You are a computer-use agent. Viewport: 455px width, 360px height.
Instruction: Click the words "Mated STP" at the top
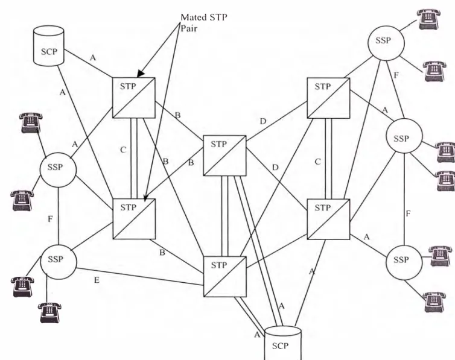pyautogui.click(x=204, y=17)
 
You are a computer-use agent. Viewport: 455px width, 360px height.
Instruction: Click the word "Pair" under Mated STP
pyautogui.click(x=189, y=28)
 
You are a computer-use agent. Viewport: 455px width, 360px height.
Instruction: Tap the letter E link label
pyautogui.click(x=97, y=280)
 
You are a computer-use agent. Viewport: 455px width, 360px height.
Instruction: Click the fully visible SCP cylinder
pyautogui.click(x=49, y=45)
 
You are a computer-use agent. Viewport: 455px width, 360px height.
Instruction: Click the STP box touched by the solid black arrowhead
pyautogui.click(x=134, y=98)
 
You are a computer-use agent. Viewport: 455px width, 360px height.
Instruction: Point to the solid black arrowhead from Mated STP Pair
pyautogui.click(x=141, y=74)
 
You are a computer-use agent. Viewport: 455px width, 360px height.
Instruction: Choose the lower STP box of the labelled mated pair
pyautogui.click(x=134, y=219)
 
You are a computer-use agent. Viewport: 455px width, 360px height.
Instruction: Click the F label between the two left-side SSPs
pyautogui.click(x=50, y=219)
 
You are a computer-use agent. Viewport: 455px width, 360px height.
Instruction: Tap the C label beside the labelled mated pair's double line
pyautogui.click(x=123, y=150)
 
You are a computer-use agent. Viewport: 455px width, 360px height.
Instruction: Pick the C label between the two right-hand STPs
pyautogui.click(x=318, y=162)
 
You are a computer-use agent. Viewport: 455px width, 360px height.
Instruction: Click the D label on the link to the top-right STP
pyautogui.click(x=263, y=121)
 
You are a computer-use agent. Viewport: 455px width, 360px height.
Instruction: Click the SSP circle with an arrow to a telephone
pyautogui.click(x=386, y=42)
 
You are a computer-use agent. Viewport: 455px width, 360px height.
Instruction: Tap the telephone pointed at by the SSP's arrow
pyautogui.click(x=429, y=19)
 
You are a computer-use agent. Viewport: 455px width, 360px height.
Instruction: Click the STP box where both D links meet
pyautogui.click(x=224, y=156)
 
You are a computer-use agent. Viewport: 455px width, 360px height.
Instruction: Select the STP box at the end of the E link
pyautogui.click(x=225, y=277)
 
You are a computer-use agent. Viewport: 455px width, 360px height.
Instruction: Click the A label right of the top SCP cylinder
pyautogui.click(x=92, y=58)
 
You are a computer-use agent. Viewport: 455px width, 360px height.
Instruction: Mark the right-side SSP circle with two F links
pyautogui.click(x=404, y=136)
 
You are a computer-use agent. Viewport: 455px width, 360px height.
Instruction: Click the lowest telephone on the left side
pyautogui.click(x=49, y=312)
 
